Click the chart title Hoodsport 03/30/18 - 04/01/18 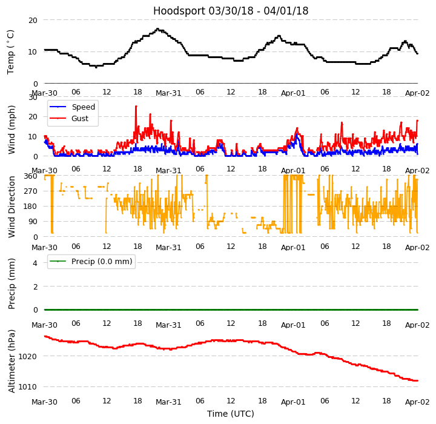click(231, 11)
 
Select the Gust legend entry click(81, 119)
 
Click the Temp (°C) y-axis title click(11, 51)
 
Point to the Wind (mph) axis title click(12, 129)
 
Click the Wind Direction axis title click(12, 207)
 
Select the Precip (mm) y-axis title click(12, 283)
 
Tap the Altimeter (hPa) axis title click(12, 361)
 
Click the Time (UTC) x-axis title click(231, 414)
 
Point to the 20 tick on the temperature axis click(33, 20)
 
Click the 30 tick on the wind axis click(33, 97)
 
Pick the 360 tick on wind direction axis click(30, 176)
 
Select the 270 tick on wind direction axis click(30, 191)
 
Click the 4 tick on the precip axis click(35, 263)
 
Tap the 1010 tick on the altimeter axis click(28, 386)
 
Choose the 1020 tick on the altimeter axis click(28, 356)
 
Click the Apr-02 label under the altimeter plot click(418, 402)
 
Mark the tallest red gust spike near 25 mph click(136, 107)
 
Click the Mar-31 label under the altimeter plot click(168, 402)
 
